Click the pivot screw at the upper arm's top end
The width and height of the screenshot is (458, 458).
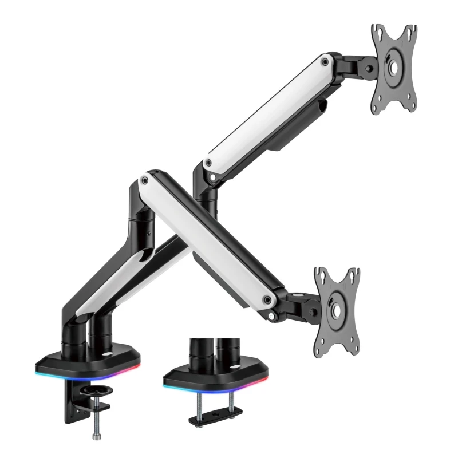tap(325, 60)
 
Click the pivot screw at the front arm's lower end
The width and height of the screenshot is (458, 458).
tap(267, 298)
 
